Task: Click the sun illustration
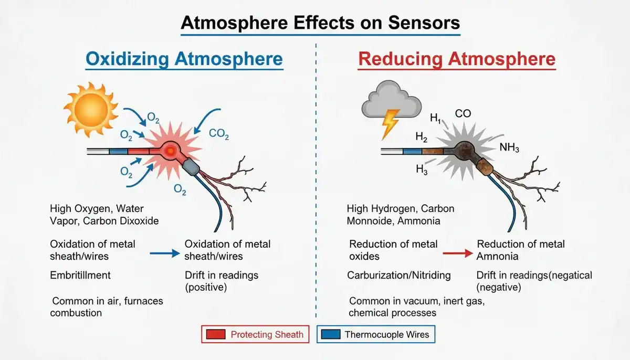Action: pos(90,109)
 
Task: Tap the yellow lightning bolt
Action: pos(391,124)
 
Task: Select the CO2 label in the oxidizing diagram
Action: pos(219,134)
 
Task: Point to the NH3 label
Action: pos(509,147)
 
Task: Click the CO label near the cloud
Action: pos(463,113)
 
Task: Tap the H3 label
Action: pos(422,170)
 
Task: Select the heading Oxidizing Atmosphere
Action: pos(184,59)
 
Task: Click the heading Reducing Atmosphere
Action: pos(457,59)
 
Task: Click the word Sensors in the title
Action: pos(424,23)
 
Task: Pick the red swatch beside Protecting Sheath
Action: pos(216,334)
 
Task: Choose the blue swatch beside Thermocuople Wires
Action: pos(331,334)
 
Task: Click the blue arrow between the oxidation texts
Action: pos(165,253)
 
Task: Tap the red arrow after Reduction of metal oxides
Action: pos(458,253)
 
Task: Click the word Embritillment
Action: pos(80,275)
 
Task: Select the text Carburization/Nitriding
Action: pos(399,275)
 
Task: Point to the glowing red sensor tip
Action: pos(170,151)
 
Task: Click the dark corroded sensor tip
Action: pos(464,151)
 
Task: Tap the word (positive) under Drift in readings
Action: pos(206,287)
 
